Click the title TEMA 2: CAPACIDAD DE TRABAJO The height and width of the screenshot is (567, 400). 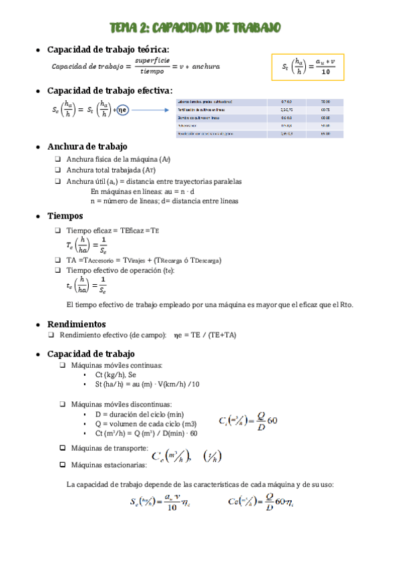(195, 27)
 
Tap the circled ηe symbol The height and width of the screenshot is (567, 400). (122, 109)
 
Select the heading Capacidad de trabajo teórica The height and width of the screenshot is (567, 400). (108, 49)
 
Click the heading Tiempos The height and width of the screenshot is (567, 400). (65, 216)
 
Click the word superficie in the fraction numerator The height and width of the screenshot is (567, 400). (150, 60)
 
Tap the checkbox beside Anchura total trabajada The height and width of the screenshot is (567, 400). (59, 170)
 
